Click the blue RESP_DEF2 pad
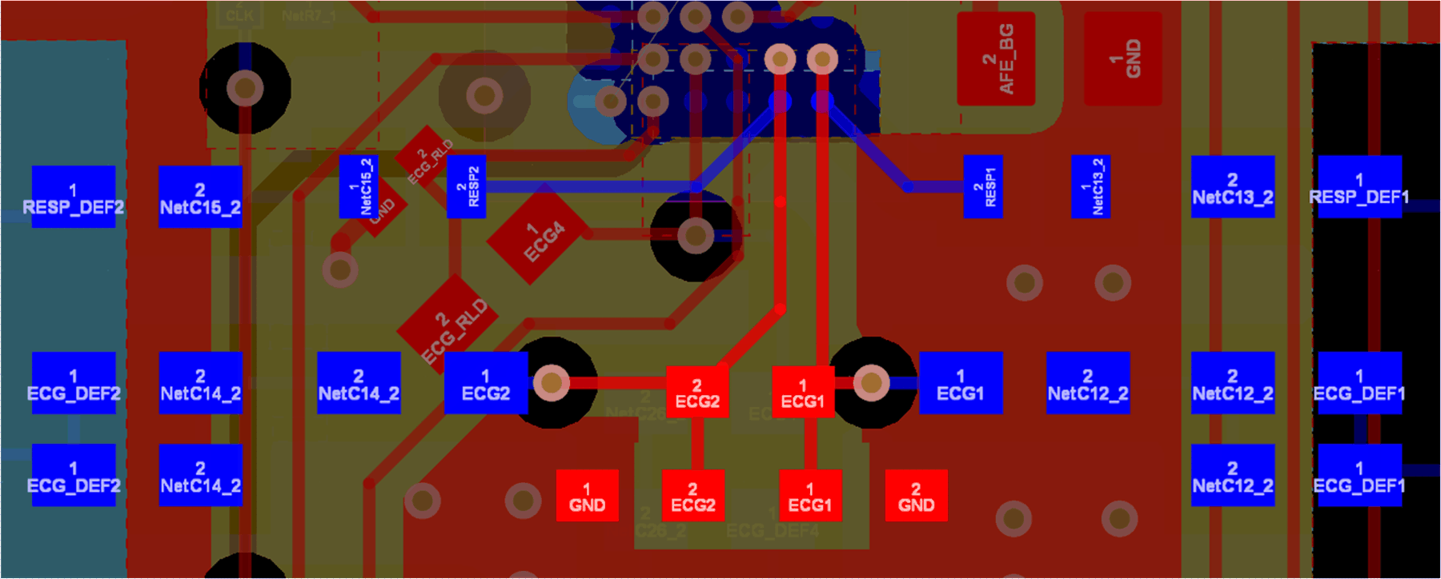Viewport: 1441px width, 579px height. (x=73, y=197)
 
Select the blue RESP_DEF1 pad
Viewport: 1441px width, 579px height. (x=1359, y=186)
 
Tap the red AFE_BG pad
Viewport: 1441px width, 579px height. (x=996, y=59)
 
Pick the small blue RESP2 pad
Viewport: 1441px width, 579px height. (x=466, y=186)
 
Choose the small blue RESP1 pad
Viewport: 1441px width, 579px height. (x=983, y=186)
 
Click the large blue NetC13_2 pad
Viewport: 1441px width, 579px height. (x=1232, y=186)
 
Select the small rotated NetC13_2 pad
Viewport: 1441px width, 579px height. (x=1090, y=186)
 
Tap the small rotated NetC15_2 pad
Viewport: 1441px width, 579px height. (x=359, y=186)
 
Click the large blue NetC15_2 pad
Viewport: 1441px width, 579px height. (x=200, y=197)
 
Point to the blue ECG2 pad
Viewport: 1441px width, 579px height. (x=486, y=383)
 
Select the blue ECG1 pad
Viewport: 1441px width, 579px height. (x=960, y=383)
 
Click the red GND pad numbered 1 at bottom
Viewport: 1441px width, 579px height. (x=587, y=496)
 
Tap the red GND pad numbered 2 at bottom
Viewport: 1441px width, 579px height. (x=916, y=496)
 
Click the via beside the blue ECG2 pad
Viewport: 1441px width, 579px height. (x=551, y=383)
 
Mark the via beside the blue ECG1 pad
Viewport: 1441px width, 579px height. (x=871, y=383)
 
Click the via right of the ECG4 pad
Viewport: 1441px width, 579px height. (x=695, y=236)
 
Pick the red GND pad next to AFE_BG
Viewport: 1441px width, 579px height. (x=1122, y=59)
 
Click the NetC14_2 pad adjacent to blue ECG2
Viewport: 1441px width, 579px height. (x=359, y=383)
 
